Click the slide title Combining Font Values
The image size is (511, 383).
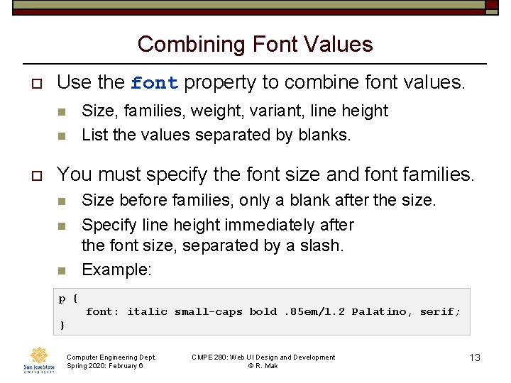tap(255, 44)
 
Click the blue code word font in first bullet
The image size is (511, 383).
tap(154, 83)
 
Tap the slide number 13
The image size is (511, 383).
tap(475, 357)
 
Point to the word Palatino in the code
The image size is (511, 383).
tap(379, 311)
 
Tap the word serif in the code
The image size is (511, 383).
tap(440, 311)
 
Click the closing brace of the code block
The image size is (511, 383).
tap(62, 325)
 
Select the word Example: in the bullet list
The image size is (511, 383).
tap(116, 270)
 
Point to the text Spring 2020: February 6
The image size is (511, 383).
tap(104, 365)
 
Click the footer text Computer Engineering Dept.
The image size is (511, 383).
tap(111, 357)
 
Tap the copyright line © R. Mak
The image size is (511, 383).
tap(263, 365)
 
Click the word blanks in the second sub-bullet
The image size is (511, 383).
tap(327, 135)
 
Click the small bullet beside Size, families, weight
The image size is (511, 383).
tap(61, 111)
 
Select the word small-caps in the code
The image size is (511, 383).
tap(208, 311)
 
